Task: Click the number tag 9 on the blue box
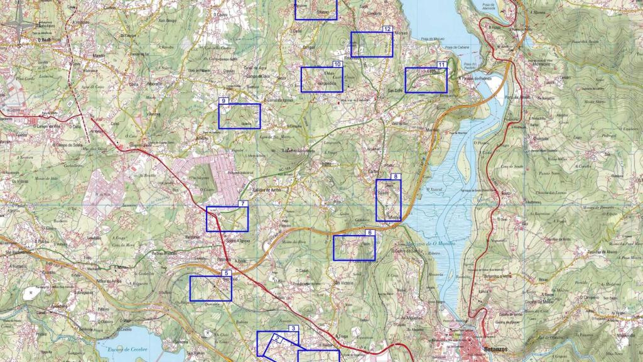223,101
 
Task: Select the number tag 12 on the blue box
387,29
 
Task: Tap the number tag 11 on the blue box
442,65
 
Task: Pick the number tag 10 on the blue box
337,64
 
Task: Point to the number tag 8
395,177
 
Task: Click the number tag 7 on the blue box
243,204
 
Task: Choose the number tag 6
370,233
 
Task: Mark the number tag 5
227,273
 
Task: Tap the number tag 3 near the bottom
293,329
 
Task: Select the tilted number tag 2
276,339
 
